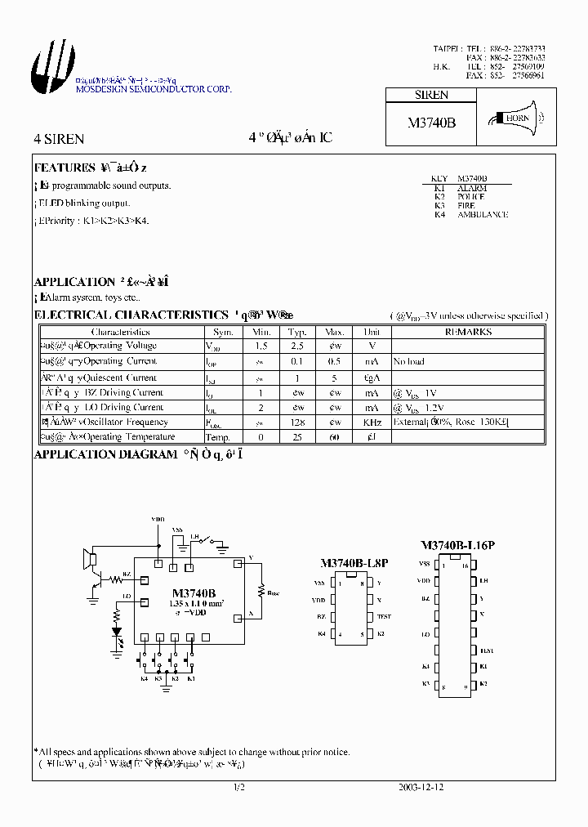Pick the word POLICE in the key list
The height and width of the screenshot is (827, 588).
(x=471, y=197)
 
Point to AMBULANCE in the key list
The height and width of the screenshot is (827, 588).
(x=482, y=214)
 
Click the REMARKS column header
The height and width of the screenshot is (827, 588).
(x=468, y=333)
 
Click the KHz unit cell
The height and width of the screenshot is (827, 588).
(x=372, y=422)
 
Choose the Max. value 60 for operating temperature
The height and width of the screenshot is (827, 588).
(x=335, y=437)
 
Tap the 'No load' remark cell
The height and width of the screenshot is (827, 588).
(x=408, y=361)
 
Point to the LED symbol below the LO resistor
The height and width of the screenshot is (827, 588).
(x=116, y=631)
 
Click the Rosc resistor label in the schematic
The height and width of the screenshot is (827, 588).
(x=272, y=593)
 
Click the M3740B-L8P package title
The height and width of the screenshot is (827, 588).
(x=353, y=564)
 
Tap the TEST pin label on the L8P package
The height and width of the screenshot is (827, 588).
(x=384, y=616)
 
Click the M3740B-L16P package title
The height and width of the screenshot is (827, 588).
(x=457, y=545)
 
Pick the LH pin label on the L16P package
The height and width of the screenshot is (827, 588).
(x=483, y=580)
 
